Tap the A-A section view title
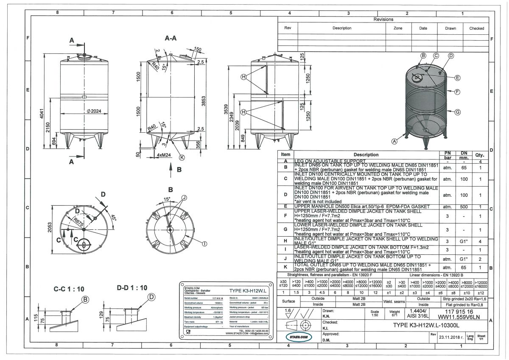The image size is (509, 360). point(171,38)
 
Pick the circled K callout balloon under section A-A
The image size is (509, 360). point(182,157)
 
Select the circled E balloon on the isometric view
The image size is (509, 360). point(457,78)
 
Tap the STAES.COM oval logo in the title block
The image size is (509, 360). point(296,337)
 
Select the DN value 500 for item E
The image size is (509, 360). point(464,207)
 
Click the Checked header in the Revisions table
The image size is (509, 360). point(476,28)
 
